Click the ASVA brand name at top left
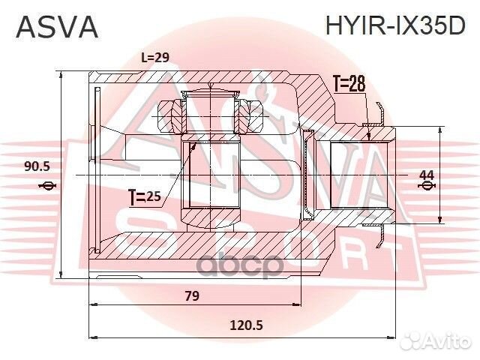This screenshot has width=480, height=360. (x=57, y=26)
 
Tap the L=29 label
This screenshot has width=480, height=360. (x=156, y=58)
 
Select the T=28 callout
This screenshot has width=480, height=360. (x=348, y=85)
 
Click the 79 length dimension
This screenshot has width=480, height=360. (x=192, y=295)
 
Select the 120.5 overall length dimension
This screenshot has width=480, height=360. (x=247, y=326)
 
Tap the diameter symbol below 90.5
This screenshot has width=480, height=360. (x=47, y=185)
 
